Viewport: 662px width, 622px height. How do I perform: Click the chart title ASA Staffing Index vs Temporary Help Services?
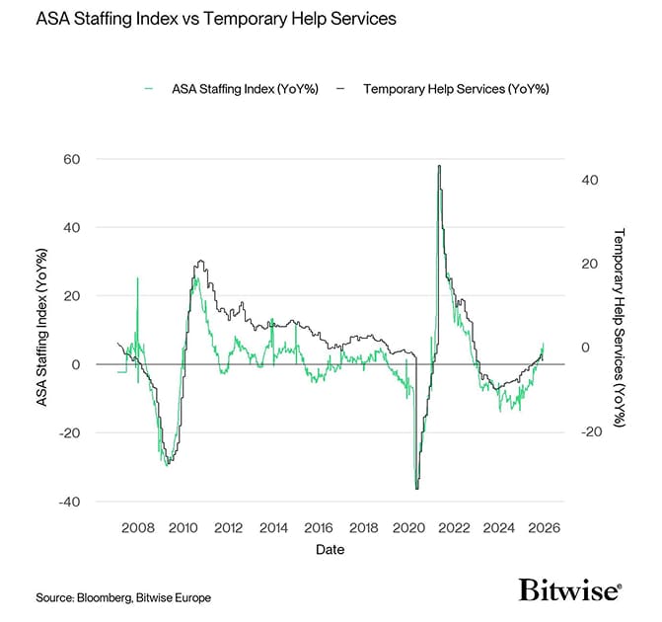[202, 20]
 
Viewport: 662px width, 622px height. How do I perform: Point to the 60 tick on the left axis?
[71, 159]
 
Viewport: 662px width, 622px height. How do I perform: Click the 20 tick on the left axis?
[71, 296]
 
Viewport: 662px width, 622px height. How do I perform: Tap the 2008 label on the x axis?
[137, 527]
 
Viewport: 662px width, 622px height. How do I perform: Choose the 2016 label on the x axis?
[318, 527]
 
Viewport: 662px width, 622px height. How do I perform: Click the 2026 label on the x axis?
[544, 527]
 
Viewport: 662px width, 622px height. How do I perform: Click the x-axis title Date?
[331, 548]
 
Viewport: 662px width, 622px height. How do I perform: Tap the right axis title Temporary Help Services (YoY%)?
[620, 329]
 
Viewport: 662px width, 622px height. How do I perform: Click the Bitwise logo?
[570, 590]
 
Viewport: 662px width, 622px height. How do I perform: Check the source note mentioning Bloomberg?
[123, 597]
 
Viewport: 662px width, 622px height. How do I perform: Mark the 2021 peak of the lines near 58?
[438, 166]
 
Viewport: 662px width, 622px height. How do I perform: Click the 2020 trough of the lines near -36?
[417, 488]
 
